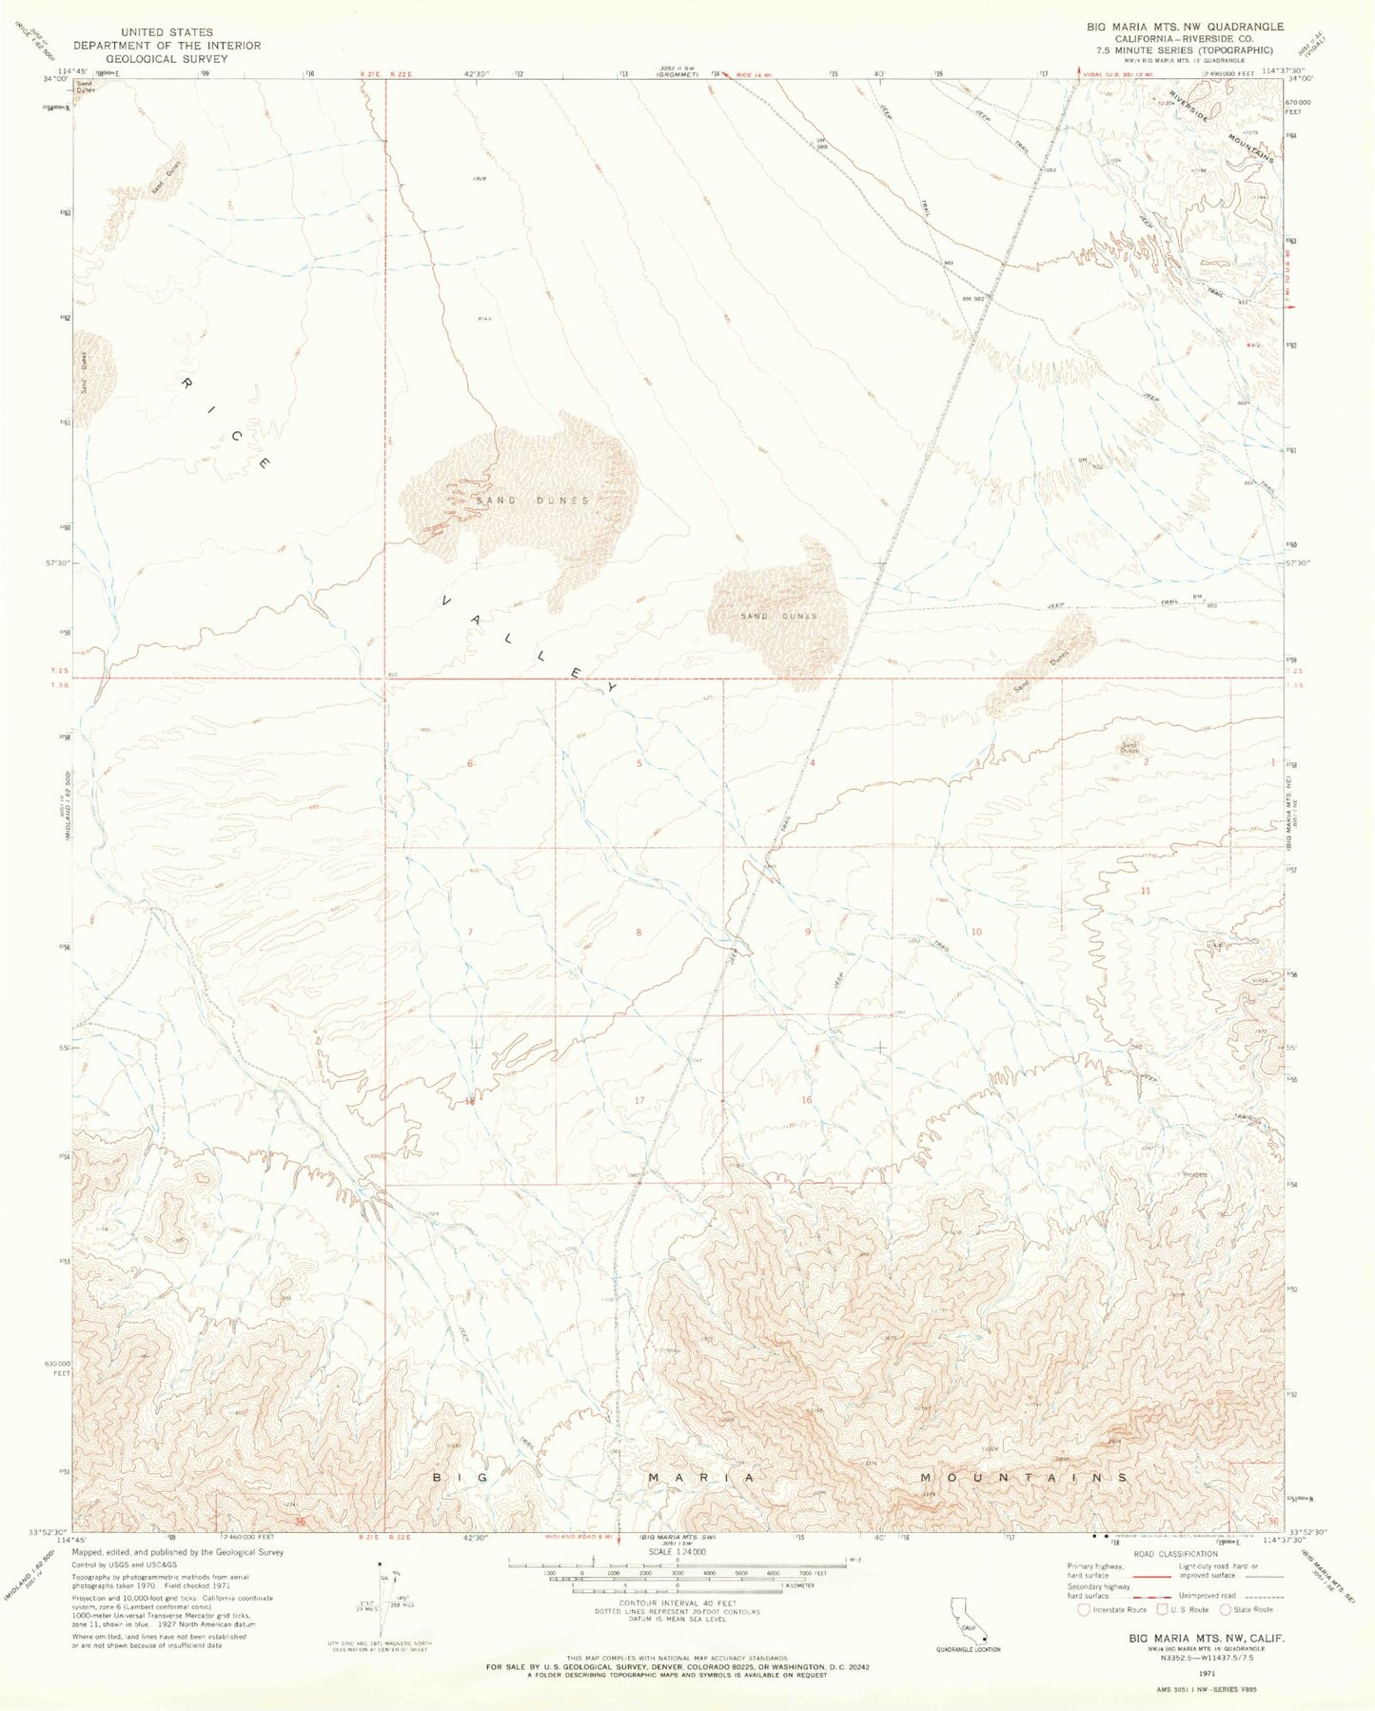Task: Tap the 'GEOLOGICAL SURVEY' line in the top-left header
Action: pyautogui.click(x=167, y=58)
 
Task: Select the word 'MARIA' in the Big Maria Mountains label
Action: pyautogui.click(x=702, y=1478)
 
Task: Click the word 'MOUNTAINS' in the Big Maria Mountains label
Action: pyautogui.click(x=1024, y=1478)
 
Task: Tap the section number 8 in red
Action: pyautogui.click(x=639, y=932)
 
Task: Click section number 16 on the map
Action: pyautogui.click(x=807, y=1100)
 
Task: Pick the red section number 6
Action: pyautogui.click(x=470, y=763)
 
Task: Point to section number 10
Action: pyautogui.click(x=975, y=932)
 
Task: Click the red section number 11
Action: pyautogui.click(x=1146, y=891)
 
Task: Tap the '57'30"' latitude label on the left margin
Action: pyautogui.click(x=57, y=562)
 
